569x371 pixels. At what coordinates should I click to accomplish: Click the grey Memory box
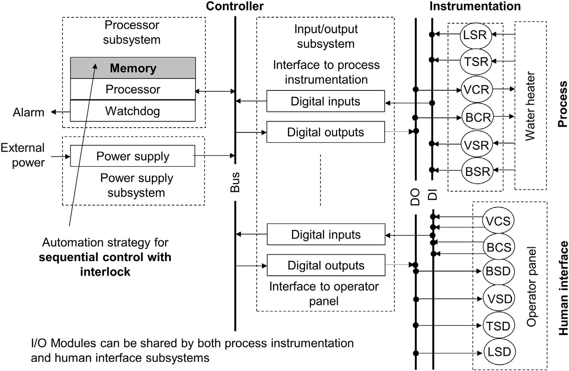(x=133, y=68)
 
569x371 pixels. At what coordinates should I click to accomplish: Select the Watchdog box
(x=133, y=111)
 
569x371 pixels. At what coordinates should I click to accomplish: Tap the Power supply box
(x=133, y=156)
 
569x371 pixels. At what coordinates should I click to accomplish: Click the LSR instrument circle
(x=475, y=35)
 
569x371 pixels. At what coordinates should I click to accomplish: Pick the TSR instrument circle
(x=476, y=62)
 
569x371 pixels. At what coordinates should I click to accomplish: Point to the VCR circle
(x=476, y=89)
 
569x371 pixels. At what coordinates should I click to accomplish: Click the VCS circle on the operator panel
(x=498, y=221)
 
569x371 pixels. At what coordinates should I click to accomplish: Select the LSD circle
(x=499, y=352)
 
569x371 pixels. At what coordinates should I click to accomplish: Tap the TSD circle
(x=498, y=326)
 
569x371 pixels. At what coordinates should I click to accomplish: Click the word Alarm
(x=28, y=112)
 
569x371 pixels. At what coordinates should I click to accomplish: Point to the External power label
(x=23, y=155)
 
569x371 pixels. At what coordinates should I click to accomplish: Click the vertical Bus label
(x=235, y=182)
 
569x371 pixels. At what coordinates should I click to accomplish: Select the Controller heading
(x=235, y=6)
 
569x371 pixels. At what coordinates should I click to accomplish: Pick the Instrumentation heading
(x=475, y=6)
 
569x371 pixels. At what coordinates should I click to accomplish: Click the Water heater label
(x=530, y=106)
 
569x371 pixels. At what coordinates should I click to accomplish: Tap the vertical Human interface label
(x=563, y=288)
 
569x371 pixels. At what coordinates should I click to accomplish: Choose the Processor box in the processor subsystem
(x=133, y=89)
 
